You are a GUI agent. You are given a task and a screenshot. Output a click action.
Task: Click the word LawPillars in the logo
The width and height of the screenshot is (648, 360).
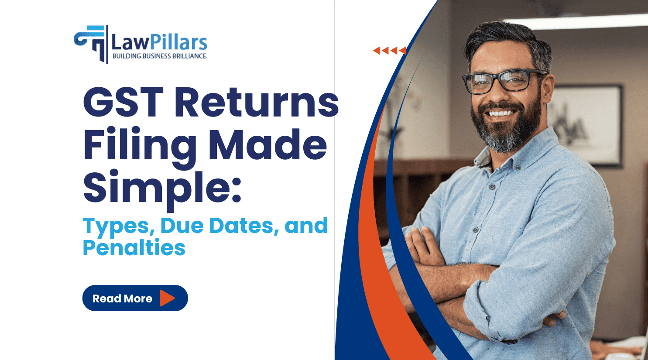point(159,42)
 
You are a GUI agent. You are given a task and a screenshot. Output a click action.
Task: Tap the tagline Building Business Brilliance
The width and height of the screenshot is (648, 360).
point(160,56)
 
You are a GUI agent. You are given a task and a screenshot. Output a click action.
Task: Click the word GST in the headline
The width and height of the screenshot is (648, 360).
point(123,103)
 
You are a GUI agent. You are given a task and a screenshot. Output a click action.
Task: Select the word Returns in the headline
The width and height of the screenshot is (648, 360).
point(257,103)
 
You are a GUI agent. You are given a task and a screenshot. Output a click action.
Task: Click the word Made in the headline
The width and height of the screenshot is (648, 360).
point(267,145)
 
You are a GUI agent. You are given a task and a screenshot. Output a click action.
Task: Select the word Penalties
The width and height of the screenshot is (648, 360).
point(134,248)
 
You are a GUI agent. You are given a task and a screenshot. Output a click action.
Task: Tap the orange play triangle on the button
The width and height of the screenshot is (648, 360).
point(167,298)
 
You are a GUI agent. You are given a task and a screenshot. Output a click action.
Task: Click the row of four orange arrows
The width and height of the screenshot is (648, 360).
point(389,51)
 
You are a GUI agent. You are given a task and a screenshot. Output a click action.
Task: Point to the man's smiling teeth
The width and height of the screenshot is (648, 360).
point(501,113)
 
